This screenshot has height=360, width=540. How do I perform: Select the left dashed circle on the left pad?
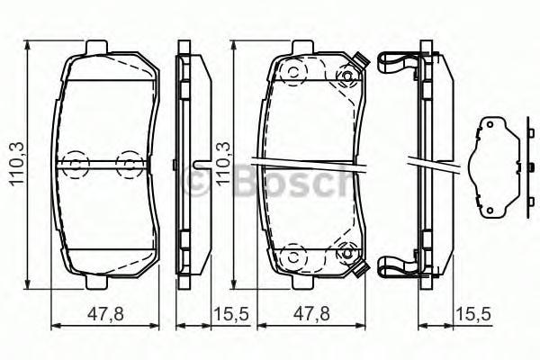76,163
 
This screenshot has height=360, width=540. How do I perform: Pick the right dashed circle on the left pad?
131,163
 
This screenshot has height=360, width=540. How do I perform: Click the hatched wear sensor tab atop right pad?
361,60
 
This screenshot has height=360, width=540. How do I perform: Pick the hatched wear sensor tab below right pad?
361,269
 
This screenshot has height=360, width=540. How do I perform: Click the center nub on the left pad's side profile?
199,164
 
